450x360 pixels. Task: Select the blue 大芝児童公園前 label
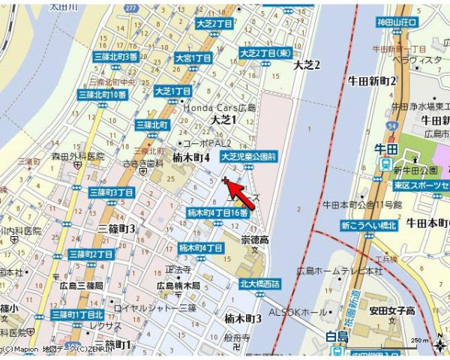click(x=249, y=157)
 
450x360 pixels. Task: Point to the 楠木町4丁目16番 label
click(x=217, y=213)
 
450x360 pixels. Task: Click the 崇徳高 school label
click(x=254, y=240)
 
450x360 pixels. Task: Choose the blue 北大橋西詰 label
click(x=259, y=283)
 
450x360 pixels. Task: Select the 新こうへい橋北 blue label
click(x=367, y=225)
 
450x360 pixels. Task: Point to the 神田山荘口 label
click(x=397, y=23)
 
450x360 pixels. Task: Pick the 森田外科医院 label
click(x=77, y=157)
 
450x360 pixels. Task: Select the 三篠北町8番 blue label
click(x=115, y=57)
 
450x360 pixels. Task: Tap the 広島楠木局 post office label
click(x=178, y=286)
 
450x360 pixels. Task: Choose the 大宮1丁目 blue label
click(x=193, y=58)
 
